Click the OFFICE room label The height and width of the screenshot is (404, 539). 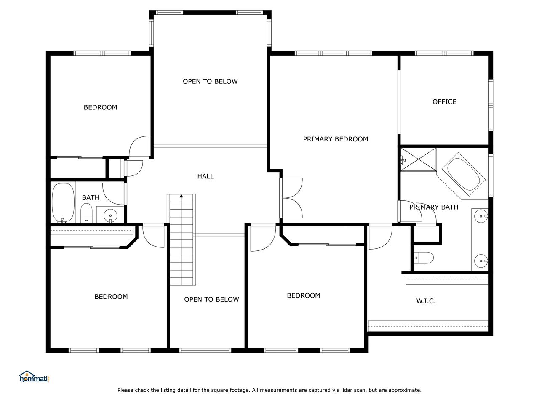pyautogui.click(x=444, y=101)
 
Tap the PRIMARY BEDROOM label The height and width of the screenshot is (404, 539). pyautogui.click(x=336, y=139)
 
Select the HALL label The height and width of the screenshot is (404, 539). pyautogui.click(x=205, y=176)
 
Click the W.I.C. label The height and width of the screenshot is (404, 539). pyautogui.click(x=426, y=301)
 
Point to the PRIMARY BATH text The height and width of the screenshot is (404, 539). pyautogui.click(x=434, y=207)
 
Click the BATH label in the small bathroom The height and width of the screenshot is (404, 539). pyautogui.click(x=91, y=197)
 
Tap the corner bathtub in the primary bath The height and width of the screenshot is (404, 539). pyautogui.click(x=463, y=174)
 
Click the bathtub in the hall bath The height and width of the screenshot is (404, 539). pyautogui.click(x=63, y=203)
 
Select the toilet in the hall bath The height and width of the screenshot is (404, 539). pyautogui.click(x=86, y=213)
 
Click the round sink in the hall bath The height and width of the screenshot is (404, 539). pyautogui.click(x=110, y=215)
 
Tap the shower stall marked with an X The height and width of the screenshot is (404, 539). pyautogui.click(x=419, y=159)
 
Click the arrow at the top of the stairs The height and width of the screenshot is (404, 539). pyautogui.click(x=181, y=196)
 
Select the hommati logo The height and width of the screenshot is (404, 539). pyautogui.click(x=34, y=377)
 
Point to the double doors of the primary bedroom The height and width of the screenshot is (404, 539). pyautogui.click(x=291, y=198)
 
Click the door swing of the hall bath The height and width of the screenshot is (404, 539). pyautogui.click(x=113, y=194)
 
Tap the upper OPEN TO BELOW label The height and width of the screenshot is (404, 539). pyautogui.click(x=210, y=81)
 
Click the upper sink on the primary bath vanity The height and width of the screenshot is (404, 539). pyautogui.click(x=481, y=216)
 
